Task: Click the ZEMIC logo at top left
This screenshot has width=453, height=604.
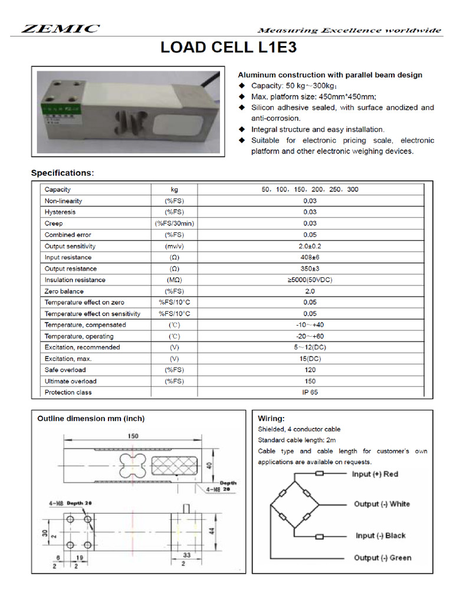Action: click(x=61, y=29)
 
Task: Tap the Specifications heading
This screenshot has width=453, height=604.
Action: click(x=62, y=173)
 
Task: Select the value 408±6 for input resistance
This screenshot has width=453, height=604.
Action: click(x=310, y=258)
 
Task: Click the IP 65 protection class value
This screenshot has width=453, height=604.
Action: click(x=310, y=393)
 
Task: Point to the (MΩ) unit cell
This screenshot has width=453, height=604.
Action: click(x=174, y=280)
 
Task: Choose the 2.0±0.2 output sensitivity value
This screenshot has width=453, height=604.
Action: click(x=310, y=247)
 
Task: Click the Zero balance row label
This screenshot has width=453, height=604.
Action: click(x=64, y=291)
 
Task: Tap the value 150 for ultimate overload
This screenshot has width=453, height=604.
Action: click(x=310, y=382)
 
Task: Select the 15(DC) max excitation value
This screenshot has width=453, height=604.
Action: click(x=310, y=359)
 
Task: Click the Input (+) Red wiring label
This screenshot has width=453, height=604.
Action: click(x=375, y=474)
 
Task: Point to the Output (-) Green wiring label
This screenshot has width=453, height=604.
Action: click(x=382, y=558)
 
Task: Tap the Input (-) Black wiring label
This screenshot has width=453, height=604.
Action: click(x=380, y=536)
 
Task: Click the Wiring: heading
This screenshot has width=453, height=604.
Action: click(x=271, y=418)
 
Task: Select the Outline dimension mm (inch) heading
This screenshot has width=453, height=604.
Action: click(x=91, y=419)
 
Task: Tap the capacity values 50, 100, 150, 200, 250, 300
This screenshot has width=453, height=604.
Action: click(x=310, y=190)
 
